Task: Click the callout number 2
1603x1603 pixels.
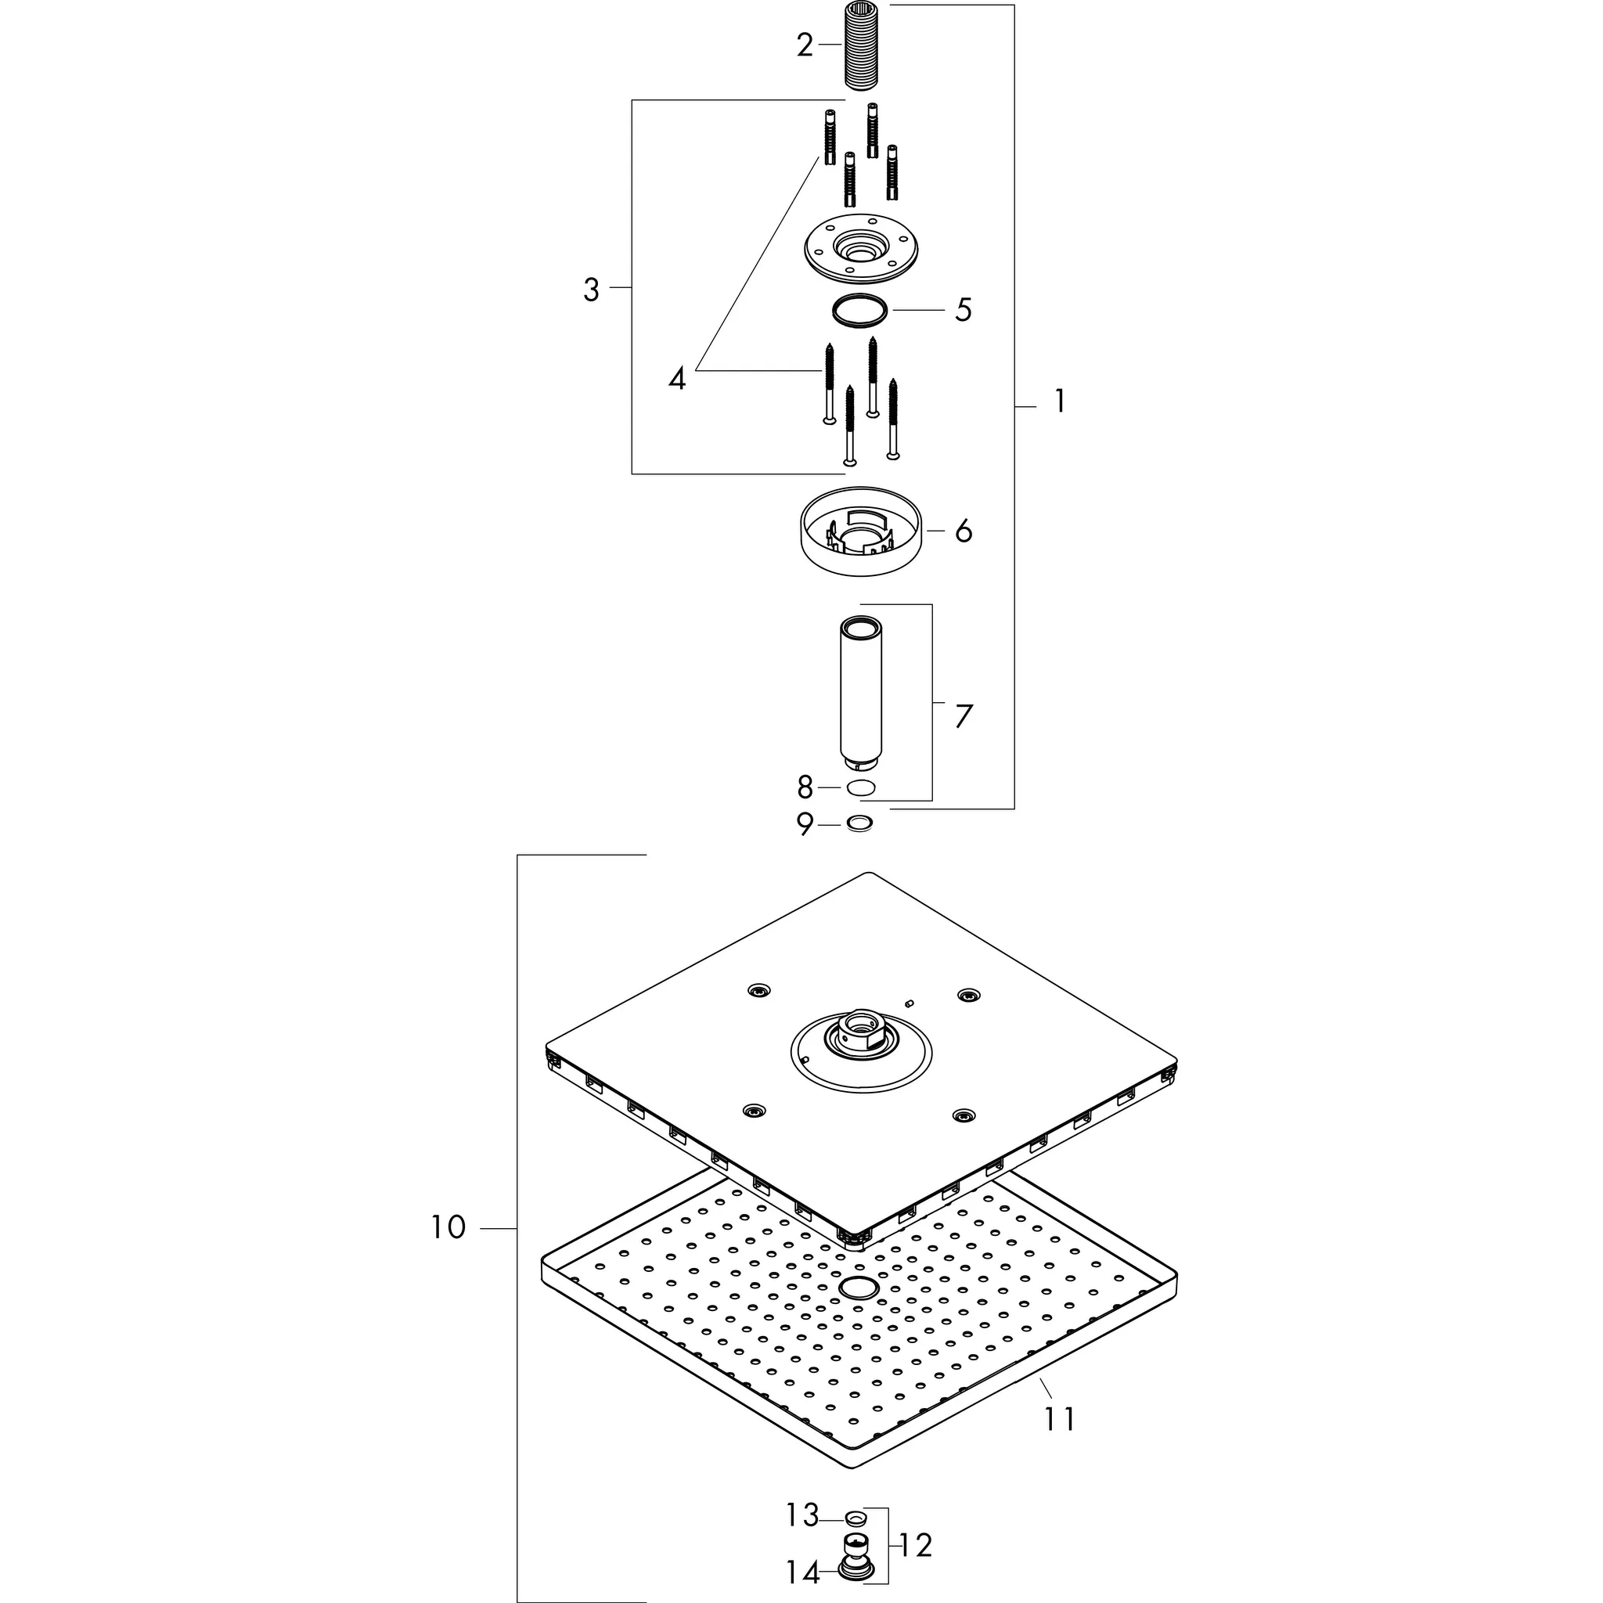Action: pos(804,45)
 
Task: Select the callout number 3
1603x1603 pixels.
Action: pos(591,290)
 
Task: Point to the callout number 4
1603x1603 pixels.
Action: pos(677,379)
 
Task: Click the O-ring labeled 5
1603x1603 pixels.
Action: pos(859,309)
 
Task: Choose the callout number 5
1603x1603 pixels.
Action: pos(963,309)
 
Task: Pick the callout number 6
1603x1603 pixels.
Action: pos(963,531)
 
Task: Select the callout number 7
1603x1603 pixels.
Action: pos(963,716)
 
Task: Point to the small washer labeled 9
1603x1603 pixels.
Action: pos(859,824)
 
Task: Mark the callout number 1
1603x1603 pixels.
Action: pos(1059,402)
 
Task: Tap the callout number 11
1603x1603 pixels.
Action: pos(1060,1419)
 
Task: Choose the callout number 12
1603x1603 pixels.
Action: pos(915,1545)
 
